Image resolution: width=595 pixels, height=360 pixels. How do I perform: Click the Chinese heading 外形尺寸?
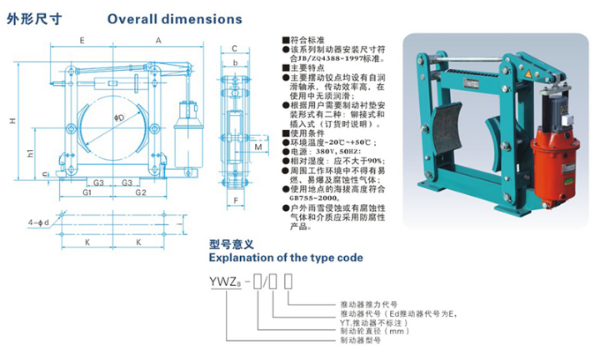point(29,17)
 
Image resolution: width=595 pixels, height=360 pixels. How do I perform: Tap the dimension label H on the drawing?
point(14,121)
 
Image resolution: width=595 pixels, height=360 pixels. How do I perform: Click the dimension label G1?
point(86,193)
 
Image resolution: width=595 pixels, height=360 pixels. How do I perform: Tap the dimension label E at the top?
point(81,40)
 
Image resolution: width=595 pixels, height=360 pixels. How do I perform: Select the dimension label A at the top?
point(157,40)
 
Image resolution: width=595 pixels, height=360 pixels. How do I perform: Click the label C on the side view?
point(235,49)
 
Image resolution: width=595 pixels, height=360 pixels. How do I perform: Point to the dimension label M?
point(258,147)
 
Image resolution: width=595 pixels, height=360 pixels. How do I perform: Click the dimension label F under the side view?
point(236,201)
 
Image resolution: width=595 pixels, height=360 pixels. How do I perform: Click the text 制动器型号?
point(360,340)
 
